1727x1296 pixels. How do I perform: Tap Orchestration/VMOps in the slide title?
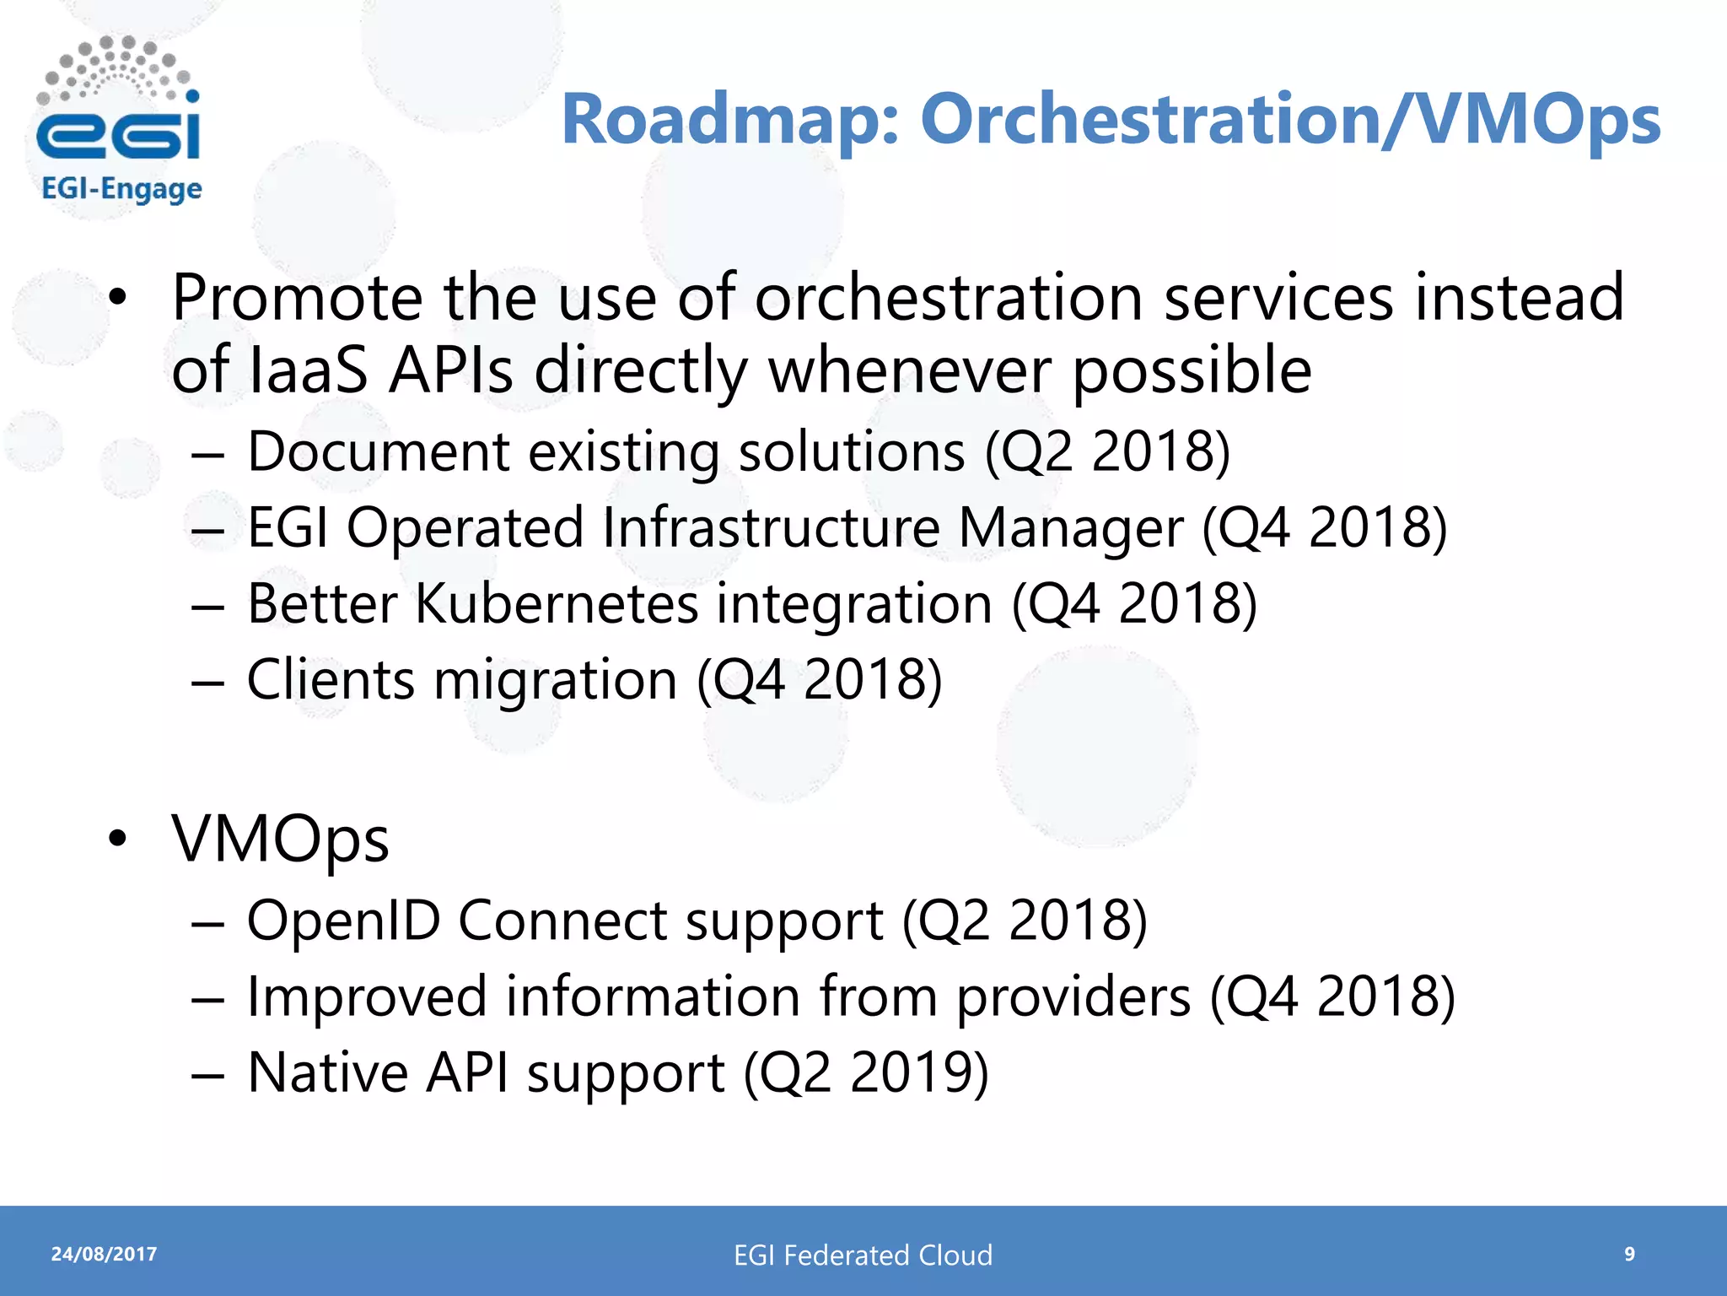pyautogui.click(x=1290, y=120)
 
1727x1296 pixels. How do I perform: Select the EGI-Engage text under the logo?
pyautogui.click(x=121, y=189)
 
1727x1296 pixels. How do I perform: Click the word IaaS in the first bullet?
pyautogui.click(x=310, y=371)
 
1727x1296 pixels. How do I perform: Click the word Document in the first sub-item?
pyautogui.click(x=378, y=451)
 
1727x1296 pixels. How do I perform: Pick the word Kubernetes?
pyautogui.click(x=557, y=604)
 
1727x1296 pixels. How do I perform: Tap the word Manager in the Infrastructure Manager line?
pyautogui.click(x=1070, y=528)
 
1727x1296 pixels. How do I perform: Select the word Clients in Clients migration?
pyautogui.click(x=331, y=680)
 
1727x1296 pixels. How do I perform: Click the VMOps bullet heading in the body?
pyautogui.click(x=280, y=840)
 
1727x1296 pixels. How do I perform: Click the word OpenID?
pyautogui.click(x=343, y=921)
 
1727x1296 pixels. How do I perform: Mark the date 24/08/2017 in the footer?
pyautogui.click(x=104, y=1254)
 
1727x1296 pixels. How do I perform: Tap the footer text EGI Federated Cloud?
pyautogui.click(x=863, y=1255)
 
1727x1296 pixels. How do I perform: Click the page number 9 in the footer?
pyautogui.click(x=1629, y=1254)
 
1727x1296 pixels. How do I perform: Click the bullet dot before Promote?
pyautogui.click(x=118, y=298)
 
